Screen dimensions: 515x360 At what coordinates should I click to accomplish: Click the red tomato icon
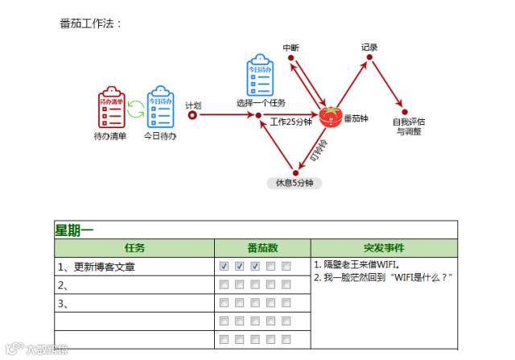[328, 117]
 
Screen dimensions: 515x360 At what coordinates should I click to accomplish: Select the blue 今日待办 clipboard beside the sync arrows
[160, 108]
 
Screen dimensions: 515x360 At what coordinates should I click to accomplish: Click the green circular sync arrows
[135, 108]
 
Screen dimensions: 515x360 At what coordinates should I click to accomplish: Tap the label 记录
[369, 48]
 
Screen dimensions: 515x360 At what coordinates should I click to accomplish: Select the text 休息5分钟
[294, 183]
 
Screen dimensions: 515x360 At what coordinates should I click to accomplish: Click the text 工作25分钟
[290, 122]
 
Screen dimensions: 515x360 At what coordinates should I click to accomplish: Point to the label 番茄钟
[356, 119]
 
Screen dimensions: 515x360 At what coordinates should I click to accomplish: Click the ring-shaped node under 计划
[192, 115]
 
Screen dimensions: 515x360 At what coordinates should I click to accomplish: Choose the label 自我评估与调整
[409, 126]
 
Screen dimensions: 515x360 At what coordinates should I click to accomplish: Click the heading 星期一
[74, 230]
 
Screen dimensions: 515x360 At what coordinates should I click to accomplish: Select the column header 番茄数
[262, 248]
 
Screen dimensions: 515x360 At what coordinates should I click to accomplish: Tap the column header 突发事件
[384, 248]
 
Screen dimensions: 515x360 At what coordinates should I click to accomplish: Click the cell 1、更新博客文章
[96, 267]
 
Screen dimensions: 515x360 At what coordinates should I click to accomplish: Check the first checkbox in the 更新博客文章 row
[225, 266]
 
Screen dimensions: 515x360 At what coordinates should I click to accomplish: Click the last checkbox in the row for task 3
[286, 303]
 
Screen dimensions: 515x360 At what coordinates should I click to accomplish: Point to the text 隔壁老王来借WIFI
[357, 263]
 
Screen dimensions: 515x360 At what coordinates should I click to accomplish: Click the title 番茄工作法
[90, 23]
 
